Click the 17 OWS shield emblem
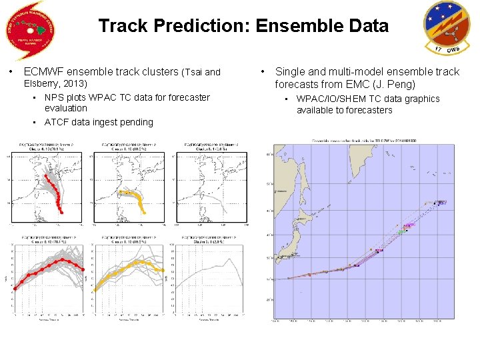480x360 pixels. (x=447, y=28)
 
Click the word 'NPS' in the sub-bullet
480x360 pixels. (x=55, y=97)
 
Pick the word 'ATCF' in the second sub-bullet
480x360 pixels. (x=57, y=122)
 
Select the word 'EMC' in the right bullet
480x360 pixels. (x=362, y=84)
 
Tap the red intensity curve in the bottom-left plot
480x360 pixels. (x=47, y=267)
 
